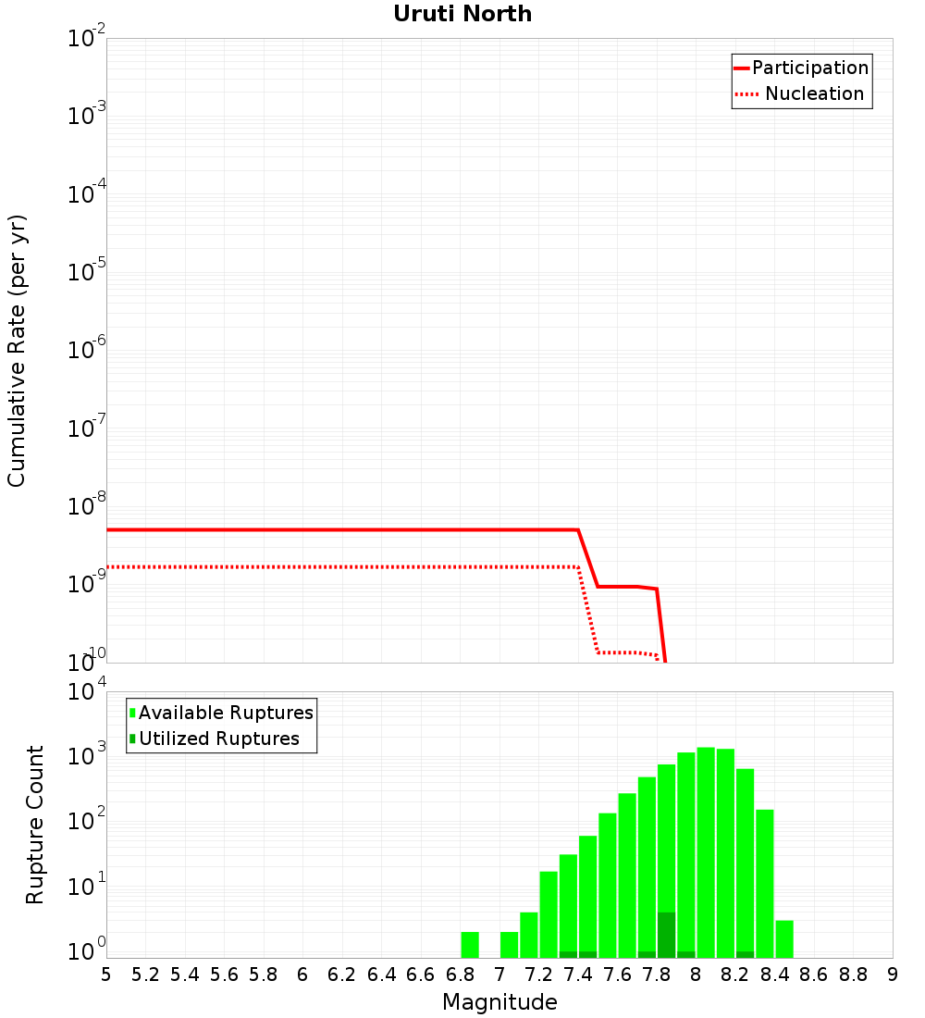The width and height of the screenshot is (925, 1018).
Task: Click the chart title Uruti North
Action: tap(462, 14)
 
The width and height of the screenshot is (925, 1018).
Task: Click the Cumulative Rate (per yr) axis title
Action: tap(17, 351)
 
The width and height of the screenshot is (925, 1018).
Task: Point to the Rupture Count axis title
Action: tap(34, 825)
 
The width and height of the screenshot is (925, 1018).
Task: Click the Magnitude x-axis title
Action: tap(499, 1002)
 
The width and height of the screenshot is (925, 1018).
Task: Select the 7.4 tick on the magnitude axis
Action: tap(578, 975)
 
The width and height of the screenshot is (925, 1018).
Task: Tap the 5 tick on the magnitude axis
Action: tap(106, 975)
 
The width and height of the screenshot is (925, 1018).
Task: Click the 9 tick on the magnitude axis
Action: tap(893, 975)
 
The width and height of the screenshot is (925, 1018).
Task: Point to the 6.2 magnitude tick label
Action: tap(342, 975)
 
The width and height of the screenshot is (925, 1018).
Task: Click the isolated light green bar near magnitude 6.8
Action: tap(470, 944)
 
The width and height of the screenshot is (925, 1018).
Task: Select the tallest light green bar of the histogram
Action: tap(706, 851)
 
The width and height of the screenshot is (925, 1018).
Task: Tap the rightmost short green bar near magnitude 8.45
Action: tap(784, 938)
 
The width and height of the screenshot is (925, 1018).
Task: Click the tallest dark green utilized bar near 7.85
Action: tap(666, 935)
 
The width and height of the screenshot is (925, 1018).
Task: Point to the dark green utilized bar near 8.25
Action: tap(745, 954)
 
